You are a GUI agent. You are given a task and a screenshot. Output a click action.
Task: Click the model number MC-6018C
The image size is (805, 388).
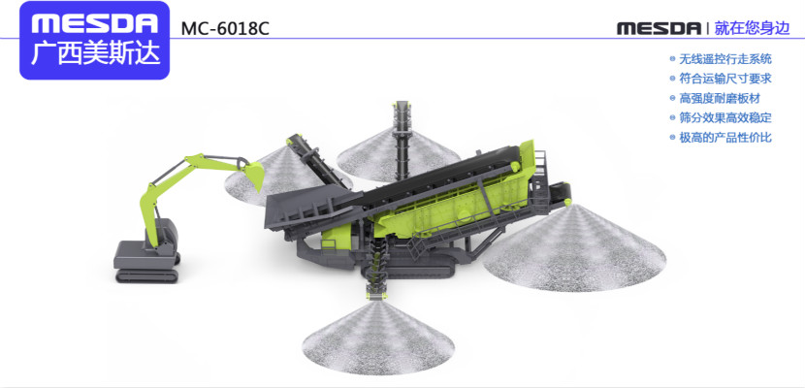coord(225,29)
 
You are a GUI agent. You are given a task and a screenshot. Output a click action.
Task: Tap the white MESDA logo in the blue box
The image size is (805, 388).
coord(94,22)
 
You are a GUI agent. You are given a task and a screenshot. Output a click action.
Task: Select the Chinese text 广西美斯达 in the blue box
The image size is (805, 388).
coord(95,54)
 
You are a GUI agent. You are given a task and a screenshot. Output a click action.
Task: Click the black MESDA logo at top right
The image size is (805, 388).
coord(659,28)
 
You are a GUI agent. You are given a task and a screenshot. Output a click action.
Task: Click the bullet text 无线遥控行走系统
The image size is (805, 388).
coord(725,59)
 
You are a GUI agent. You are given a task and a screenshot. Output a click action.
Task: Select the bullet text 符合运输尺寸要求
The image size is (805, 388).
coord(725,79)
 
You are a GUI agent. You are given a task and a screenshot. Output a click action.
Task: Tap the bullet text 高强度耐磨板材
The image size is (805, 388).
coord(720,98)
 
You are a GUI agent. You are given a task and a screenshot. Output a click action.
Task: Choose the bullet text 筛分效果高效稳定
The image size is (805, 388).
coord(725,117)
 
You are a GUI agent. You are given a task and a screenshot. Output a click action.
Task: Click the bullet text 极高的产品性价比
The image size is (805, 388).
coord(725,138)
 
